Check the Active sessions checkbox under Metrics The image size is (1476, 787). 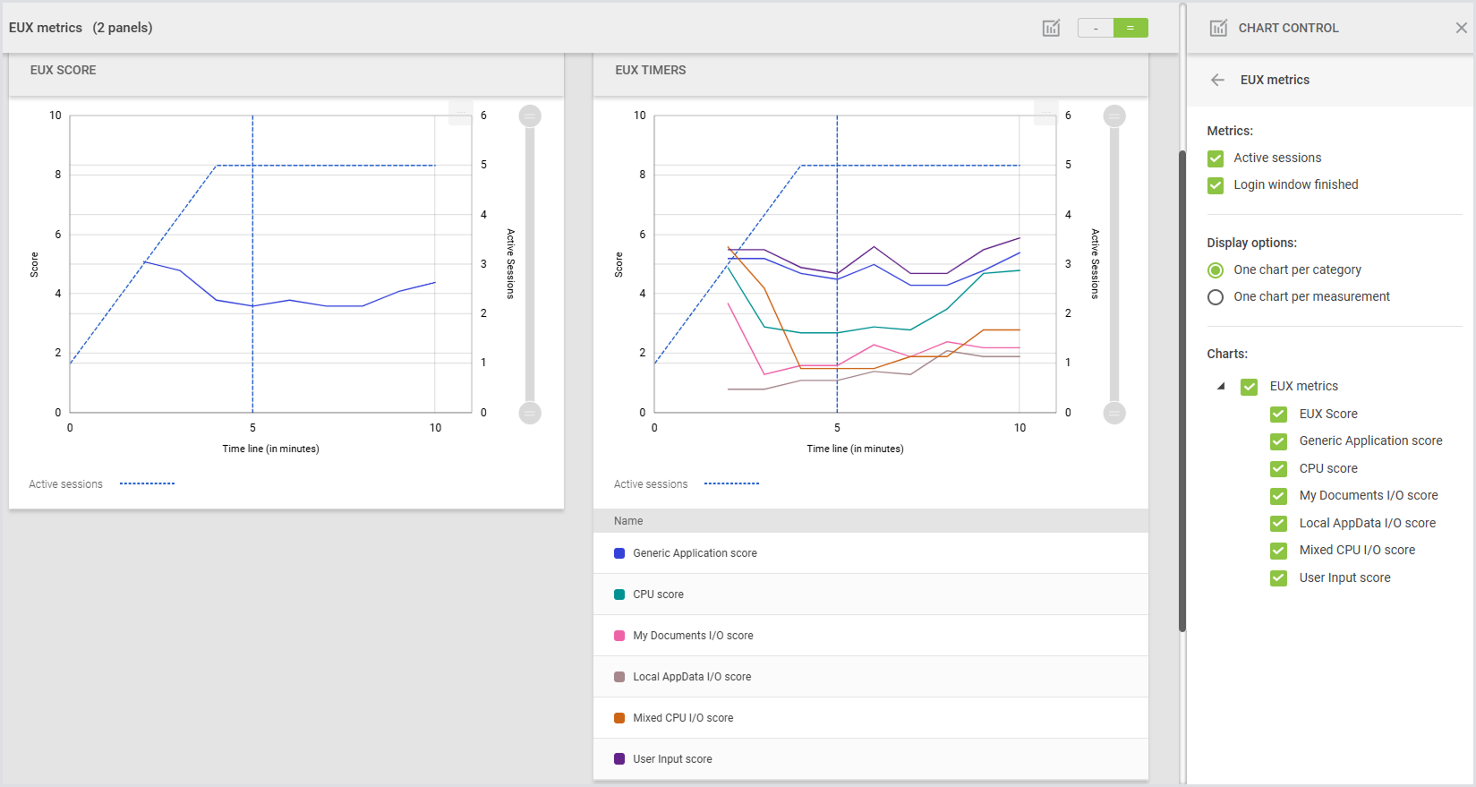(x=1216, y=158)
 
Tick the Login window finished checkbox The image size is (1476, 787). (x=1216, y=185)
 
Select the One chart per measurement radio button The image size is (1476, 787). (x=1216, y=297)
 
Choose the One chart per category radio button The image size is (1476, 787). (x=1216, y=270)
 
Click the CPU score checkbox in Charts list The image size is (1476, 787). (x=1278, y=469)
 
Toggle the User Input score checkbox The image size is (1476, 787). (x=1278, y=578)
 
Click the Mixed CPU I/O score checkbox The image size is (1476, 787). (x=1278, y=551)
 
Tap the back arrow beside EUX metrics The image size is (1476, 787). (x=1217, y=80)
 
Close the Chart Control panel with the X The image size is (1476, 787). (x=1461, y=28)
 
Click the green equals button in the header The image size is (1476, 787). (x=1130, y=28)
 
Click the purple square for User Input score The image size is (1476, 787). (x=619, y=759)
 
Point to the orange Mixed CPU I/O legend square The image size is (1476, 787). (x=619, y=718)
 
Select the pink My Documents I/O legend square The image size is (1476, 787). (x=619, y=636)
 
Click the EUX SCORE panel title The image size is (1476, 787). (x=64, y=70)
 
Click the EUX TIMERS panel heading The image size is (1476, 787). (x=651, y=70)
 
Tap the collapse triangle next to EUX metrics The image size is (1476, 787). (x=1221, y=386)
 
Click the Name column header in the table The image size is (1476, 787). (x=628, y=521)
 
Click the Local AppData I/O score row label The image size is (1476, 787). (x=692, y=677)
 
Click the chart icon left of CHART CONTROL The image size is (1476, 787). (x=1218, y=28)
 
